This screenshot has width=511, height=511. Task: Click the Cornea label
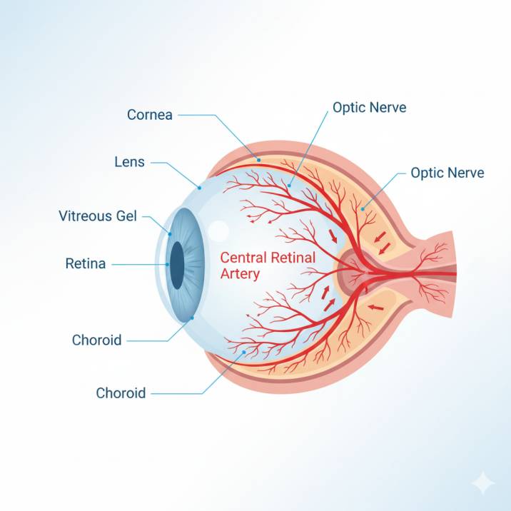pyautogui.click(x=150, y=114)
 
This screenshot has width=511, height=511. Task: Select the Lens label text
pyautogui.click(x=129, y=162)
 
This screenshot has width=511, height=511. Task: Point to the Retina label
pyautogui.click(x=86, y=264)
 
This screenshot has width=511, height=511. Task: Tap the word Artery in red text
pyautogui.click(x=240, y=273)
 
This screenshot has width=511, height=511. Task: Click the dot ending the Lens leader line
pyautogui.click(x=201, y=188)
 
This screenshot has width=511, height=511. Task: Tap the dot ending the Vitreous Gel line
pyautogui.click(x=170, y=233)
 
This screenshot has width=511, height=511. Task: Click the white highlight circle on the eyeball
pyautogui.click(x=218, y=231)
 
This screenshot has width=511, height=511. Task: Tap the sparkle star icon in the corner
pyautogui.click(x=482, y=483)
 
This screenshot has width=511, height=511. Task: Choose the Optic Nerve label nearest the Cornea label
pyautogui.click(x=369, y=108)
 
